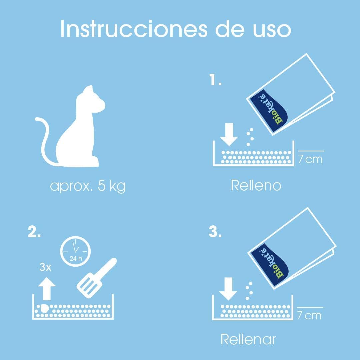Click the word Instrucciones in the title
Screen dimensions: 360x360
coord(134,29)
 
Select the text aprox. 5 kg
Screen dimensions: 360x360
coord(88,186)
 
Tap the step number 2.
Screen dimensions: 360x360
coord(34,232)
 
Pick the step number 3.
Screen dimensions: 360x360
coord(215,232)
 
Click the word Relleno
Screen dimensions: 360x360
coord(256,185)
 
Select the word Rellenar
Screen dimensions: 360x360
coord(248,339)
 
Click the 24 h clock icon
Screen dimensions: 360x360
coord(75,252)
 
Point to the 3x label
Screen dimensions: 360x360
coord(45,267)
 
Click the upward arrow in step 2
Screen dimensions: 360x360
coord(47,289)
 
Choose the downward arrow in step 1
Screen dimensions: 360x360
coord(229,135)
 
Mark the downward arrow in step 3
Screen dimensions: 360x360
coord(228,289)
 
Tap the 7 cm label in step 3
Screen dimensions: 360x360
coord(309,315)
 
